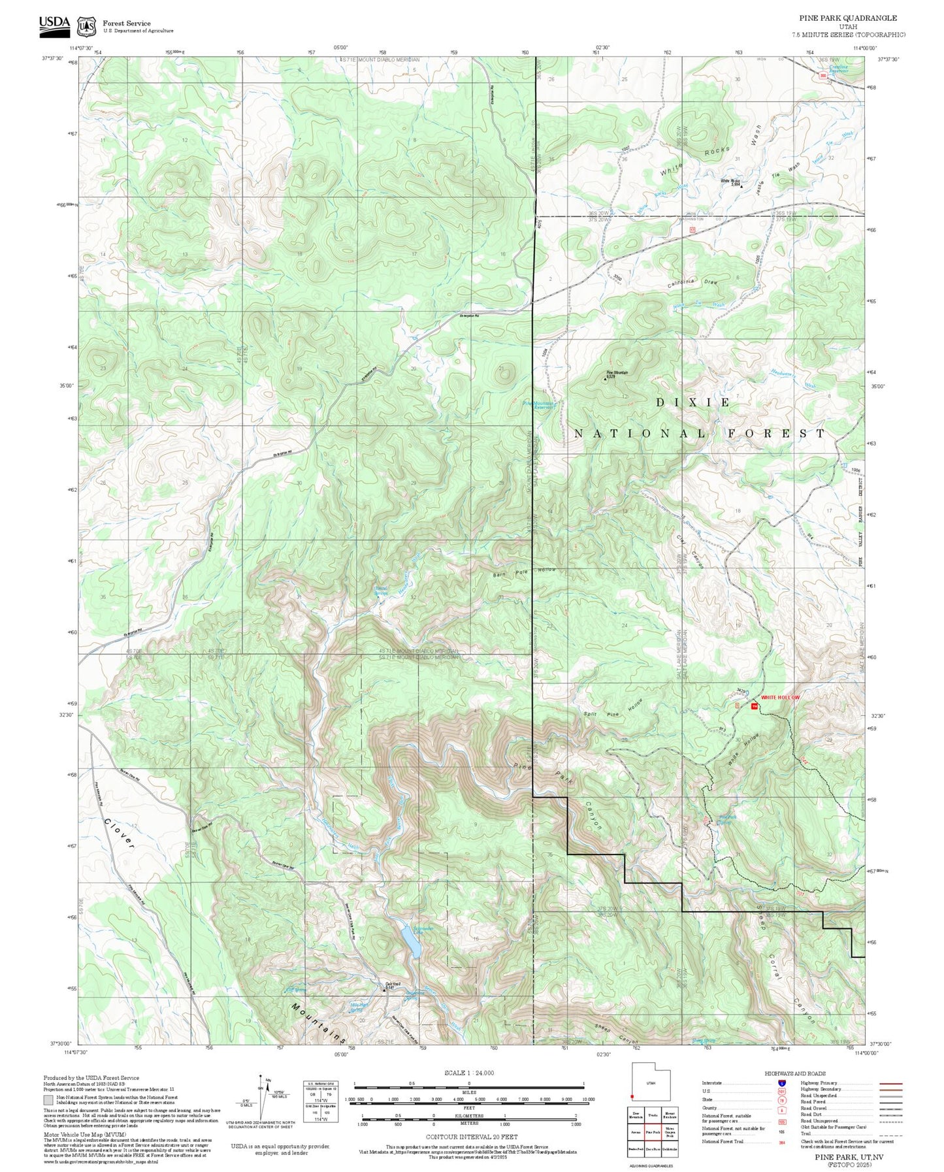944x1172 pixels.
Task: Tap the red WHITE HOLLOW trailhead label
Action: (x=780, y=698)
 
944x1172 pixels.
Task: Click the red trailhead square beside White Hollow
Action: (x=755, y=707)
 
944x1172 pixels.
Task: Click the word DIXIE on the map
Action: (x=693, y=402)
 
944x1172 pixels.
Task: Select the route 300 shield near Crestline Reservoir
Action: (x=822, y=76)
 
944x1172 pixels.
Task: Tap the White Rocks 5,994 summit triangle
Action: (x=741, y=186)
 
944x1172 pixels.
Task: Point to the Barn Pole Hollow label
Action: (x=525, y=571)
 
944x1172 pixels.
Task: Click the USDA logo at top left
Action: (x=54, y=24)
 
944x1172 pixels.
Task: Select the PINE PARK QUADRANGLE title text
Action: (x=848, y=18)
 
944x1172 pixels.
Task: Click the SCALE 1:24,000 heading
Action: (x=468, y=1073)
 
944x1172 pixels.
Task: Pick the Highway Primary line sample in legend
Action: (x=890, y=1083)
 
